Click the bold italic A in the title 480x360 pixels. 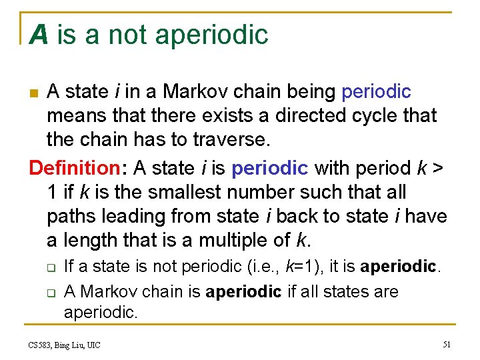pos(39,35)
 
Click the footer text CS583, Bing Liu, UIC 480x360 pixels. pos(64,345)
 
